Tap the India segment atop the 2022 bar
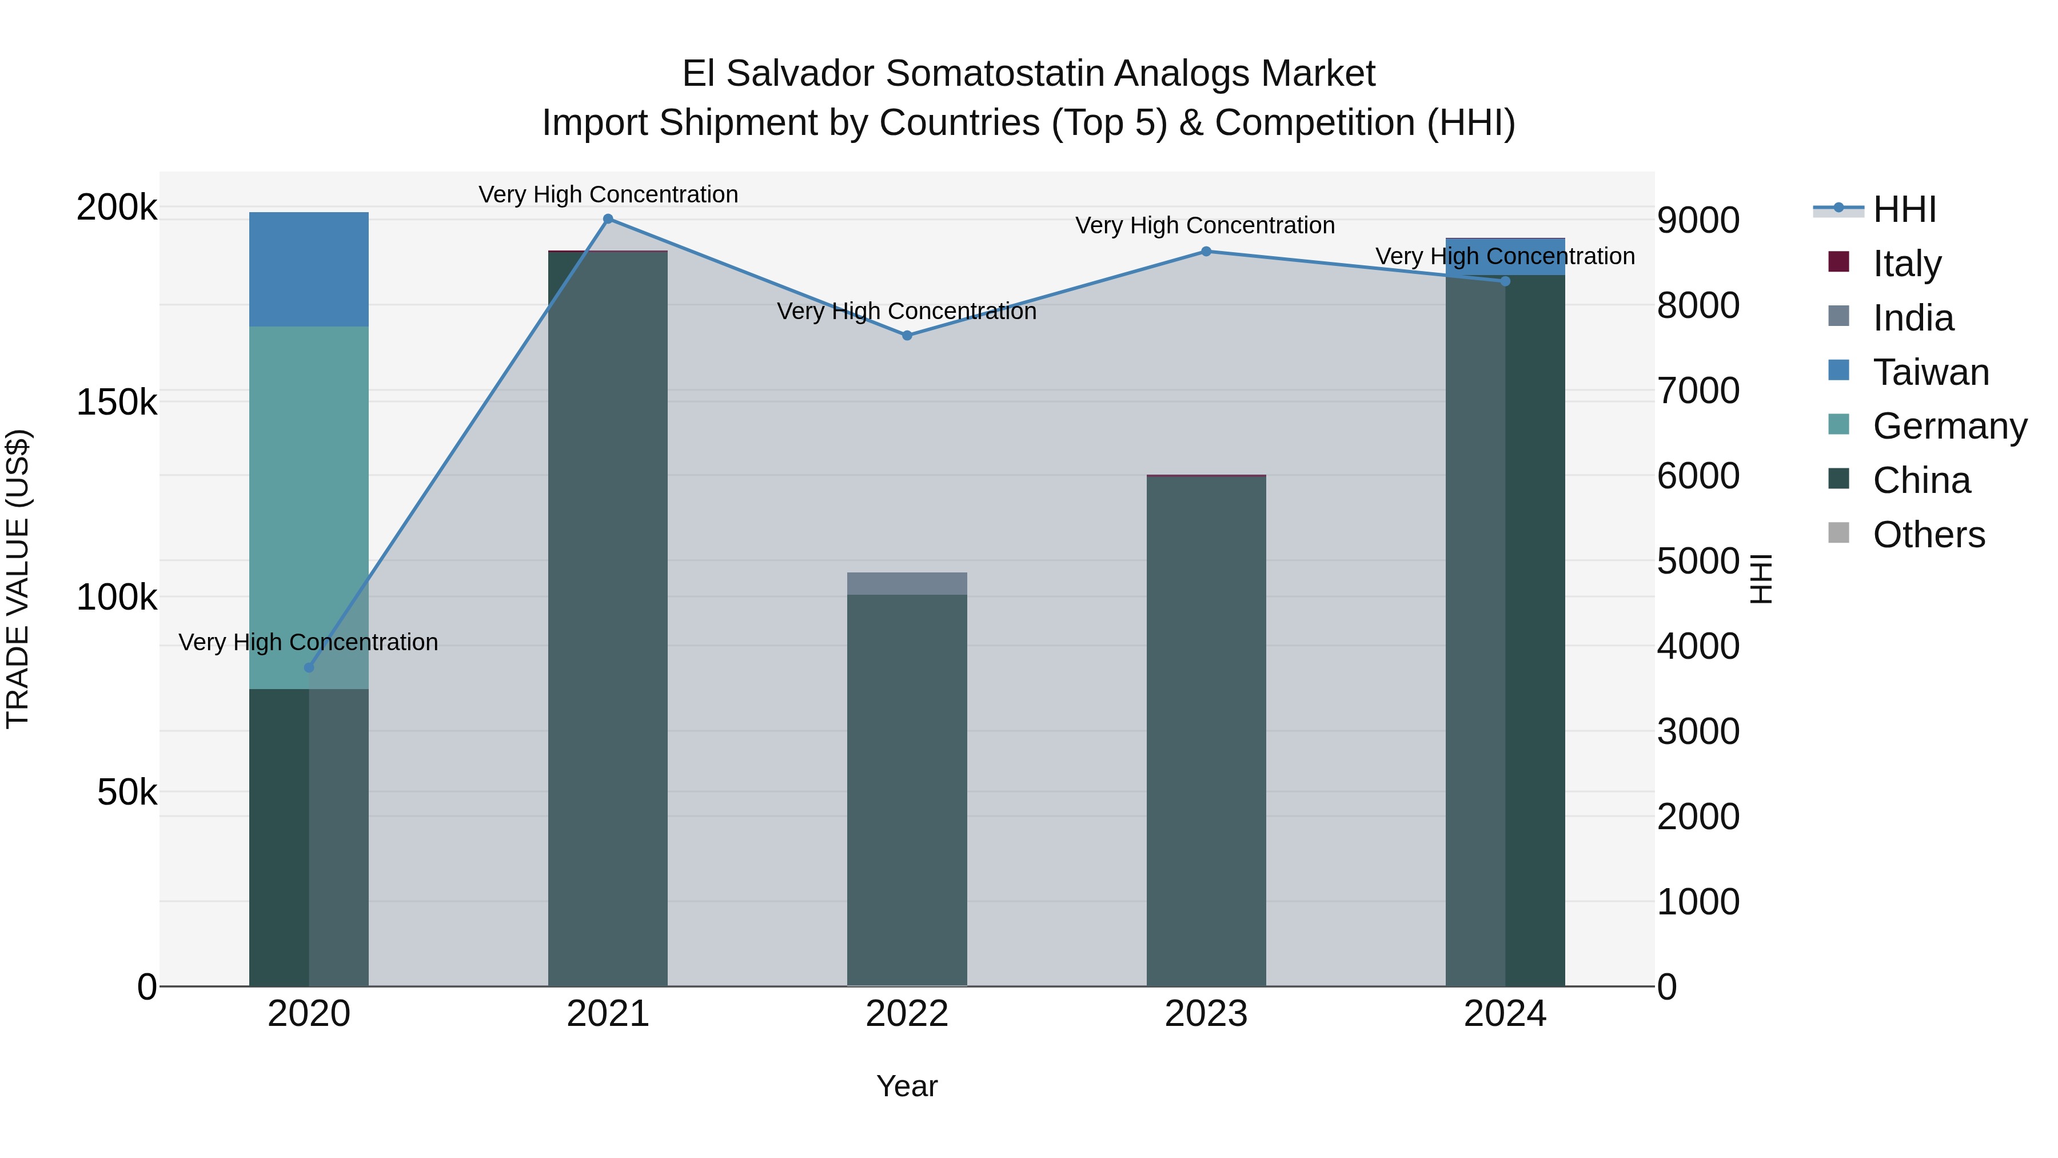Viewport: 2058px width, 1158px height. pos(907,583)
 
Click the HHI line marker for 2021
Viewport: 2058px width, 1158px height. pos(608,219)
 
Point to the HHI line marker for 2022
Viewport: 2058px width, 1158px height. pos(907,336)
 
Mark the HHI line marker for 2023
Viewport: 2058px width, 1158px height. pos(1206,252)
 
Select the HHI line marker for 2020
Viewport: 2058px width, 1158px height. pos(309,668)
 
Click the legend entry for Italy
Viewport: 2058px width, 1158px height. pos(1905,264)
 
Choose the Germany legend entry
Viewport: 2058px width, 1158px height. pos(1949,426)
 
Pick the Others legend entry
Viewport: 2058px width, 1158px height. pos(1928,535)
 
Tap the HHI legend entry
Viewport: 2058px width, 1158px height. pos(1904,209)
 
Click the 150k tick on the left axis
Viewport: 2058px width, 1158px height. pos(117,403)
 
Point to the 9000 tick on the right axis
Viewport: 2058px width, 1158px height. pos(1698,221)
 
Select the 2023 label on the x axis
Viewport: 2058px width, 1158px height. pos(1206,1014)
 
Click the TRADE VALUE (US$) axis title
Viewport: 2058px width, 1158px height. pos(18,579)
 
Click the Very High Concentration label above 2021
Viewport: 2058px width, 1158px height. pos(608,194)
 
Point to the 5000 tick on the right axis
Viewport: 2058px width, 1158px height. pos(1698,561)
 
